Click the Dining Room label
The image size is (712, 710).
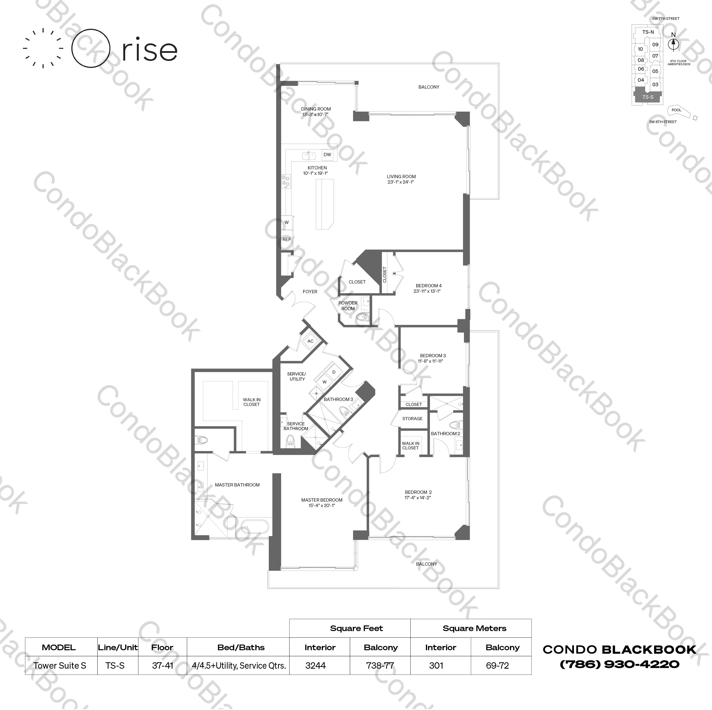(316, 109)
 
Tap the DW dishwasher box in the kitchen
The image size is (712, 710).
(327, 155)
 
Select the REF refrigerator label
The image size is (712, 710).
(287, 239)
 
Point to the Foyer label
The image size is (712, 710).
(310, 292)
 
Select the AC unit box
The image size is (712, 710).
(310, 341)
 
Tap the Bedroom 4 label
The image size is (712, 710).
(428, 286)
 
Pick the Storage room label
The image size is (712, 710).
(412, 418)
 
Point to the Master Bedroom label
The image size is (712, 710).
(322, 500)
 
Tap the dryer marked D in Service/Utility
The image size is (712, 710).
(334, 372)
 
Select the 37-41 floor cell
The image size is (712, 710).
(163, 666)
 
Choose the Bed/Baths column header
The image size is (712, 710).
(241, 647)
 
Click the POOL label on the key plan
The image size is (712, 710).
(676, 110)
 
